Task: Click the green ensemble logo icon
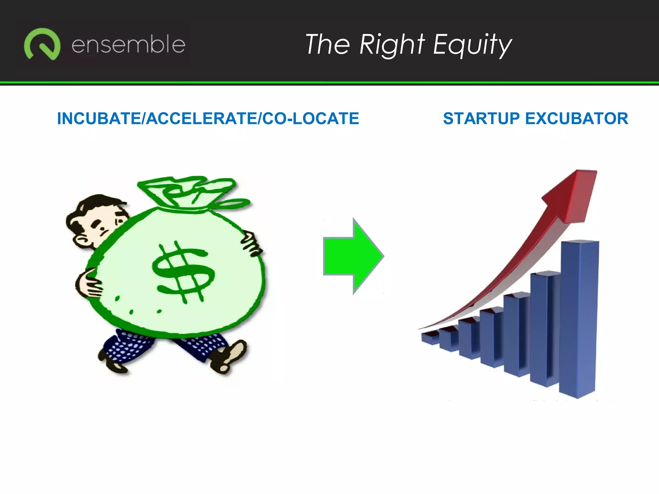(x=42, y=44)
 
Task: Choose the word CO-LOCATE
(x=311, y=118)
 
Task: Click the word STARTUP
(x=481, y=118)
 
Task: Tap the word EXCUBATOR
(x=576, y=118)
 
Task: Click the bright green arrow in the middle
(x=352, y=256)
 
